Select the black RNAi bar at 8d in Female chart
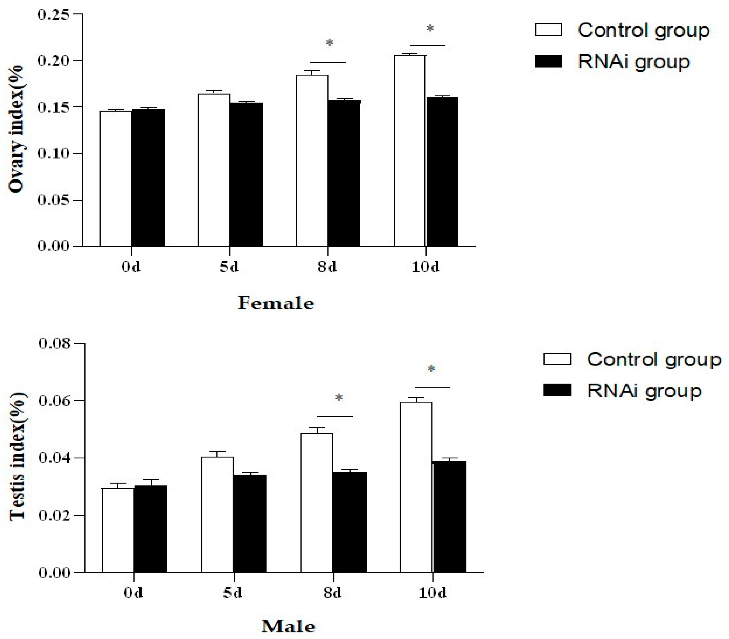tap(343, 173)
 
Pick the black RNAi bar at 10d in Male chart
tap(449, 517)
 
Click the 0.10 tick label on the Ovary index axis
tap(54, 154)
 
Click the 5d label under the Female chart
tap(229, 267)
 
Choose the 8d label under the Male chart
tap(332, 593)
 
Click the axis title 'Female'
tap(276, 303)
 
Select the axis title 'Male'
tap(288, 626)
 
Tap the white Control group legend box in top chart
tap(549, 30)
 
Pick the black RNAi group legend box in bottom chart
tap(557, 391)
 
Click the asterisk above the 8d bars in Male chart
tap(339, 398)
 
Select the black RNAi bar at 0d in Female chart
tap(148, 177)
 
